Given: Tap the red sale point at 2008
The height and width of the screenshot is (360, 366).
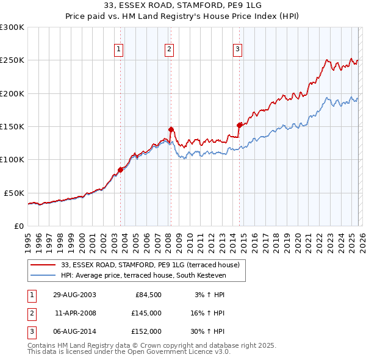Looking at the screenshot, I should coord(171,129).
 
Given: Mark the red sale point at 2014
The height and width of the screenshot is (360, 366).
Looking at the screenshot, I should coord(239,125).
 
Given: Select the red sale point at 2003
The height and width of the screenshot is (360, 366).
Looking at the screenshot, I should coord(121,170).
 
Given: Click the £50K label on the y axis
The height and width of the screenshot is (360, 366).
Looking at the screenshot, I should coord(13,193).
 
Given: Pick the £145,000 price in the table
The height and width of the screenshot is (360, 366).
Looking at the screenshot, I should coord(145,313).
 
